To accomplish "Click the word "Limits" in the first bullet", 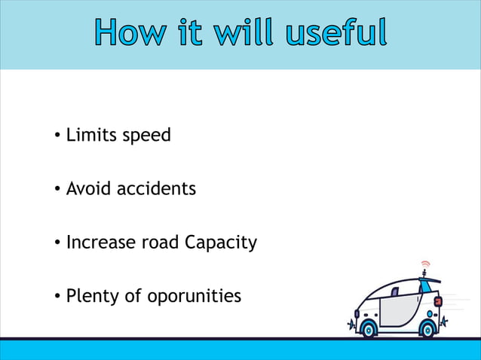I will (89, 136).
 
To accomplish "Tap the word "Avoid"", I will (89, 189).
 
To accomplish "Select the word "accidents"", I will (156, 189).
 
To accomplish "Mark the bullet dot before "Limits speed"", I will (57, 136).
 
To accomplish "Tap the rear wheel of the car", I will (428, 328).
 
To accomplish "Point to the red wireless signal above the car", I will (425, 264).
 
